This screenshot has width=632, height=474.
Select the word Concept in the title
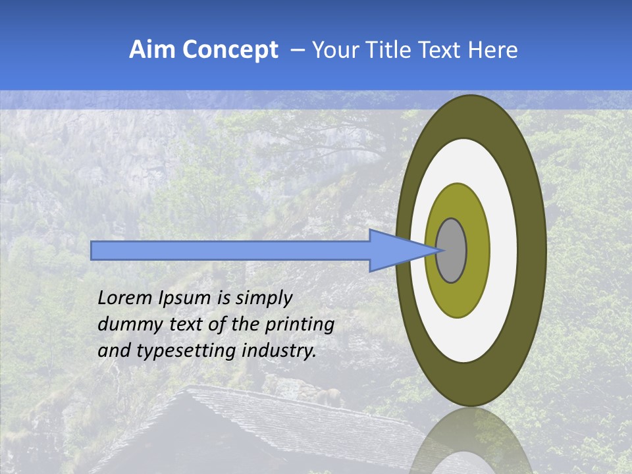pyautogui.click(x=230, y=50)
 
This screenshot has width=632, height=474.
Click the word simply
pyautogui.click(x=263, y=299)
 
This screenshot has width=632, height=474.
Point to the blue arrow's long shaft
pyautogui.click(x=230, y=251)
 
